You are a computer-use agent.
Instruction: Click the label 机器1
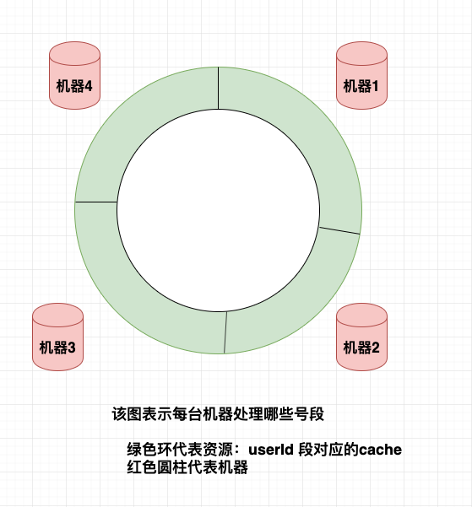[x=361, y=85]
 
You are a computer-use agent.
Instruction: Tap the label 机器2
[x=361, y=347]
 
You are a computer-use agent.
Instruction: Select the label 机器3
[x=57, y=347]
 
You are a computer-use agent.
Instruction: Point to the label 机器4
[x=74, y=85]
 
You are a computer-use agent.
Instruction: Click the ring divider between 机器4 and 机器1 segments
[x=219, y=89]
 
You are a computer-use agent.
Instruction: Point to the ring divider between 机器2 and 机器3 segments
[x=225, y=333]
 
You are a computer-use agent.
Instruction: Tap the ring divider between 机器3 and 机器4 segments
[x=96, y=202]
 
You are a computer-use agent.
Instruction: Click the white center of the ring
[x=218, y=211]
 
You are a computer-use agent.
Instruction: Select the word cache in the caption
[x=381, y=450]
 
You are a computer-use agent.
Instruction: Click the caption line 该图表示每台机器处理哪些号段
[x=219, y=415]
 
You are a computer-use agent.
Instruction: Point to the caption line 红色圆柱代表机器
[x=187, y=467]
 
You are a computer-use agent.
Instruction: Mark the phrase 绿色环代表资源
[x=173, y=450]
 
